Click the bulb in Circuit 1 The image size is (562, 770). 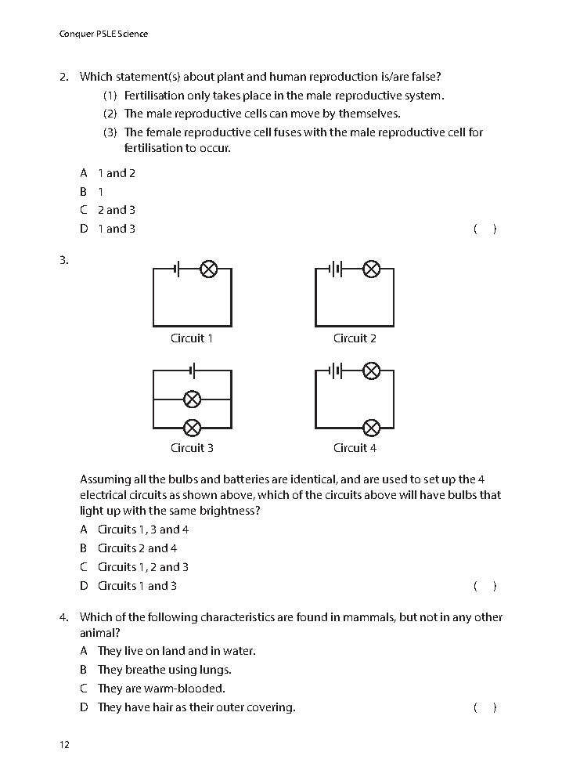208,269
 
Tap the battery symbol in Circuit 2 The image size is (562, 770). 336,269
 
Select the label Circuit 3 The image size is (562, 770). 192,448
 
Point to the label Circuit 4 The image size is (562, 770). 355,448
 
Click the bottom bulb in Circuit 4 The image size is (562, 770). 372,427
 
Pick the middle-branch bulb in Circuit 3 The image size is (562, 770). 192,399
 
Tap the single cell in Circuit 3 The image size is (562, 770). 193,370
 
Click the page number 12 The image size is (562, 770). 64,744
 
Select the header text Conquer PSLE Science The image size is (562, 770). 103,34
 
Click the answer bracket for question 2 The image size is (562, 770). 485,229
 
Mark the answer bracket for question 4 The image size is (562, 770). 485,707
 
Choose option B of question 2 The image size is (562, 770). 92,191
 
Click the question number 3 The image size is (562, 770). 63,260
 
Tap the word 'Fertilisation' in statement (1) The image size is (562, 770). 156,96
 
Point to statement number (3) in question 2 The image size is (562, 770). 110,132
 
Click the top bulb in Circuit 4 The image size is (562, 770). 372,370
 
